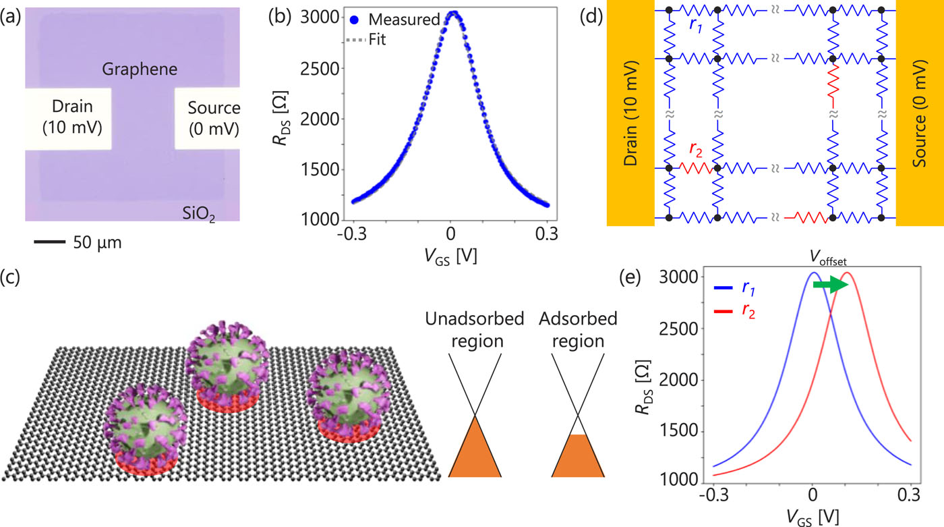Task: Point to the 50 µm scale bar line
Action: click(46, 240)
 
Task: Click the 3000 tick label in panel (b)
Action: click(321, 18)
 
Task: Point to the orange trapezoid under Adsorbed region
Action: click(577, 457)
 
